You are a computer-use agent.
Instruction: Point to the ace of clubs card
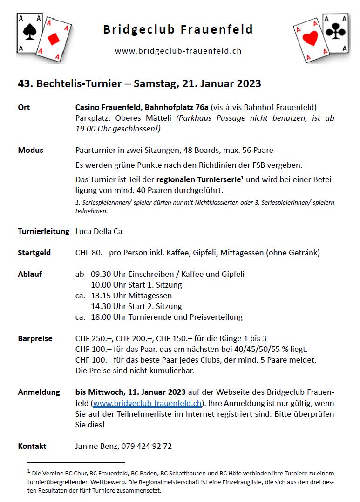click(x=335, y=32)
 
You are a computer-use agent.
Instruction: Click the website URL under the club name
click(x=178, y=51)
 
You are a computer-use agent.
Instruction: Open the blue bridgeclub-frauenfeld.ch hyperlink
click(x=147, y=403)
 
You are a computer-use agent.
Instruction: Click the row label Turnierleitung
click(x=43, y=231)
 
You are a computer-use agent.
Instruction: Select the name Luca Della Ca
click(x=99, y=231)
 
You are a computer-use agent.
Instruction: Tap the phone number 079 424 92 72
click(x=147, y=446)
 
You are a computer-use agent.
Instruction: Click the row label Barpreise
click(x=35, y=338)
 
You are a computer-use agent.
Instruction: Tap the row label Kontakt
click(x=32, y=446)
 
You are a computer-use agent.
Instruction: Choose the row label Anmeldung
click(x=39, y=392)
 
